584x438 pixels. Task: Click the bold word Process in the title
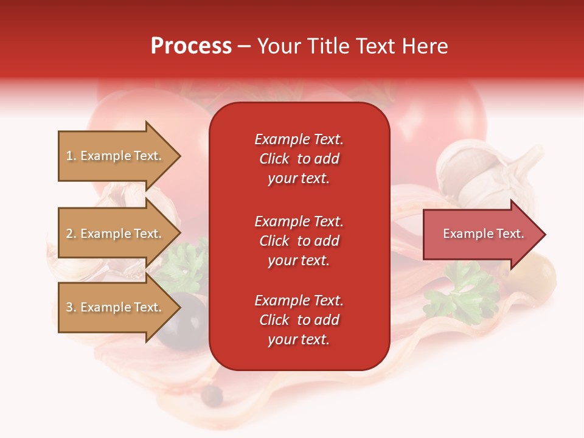point(191,46)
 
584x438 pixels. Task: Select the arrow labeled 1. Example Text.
point(116,156)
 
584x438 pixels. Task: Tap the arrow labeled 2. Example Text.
point(116,234)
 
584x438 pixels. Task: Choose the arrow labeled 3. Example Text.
point(116,307)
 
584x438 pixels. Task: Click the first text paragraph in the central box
point(299,159)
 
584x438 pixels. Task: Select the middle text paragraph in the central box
point(299,241)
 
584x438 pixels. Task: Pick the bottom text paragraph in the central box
point(299,320)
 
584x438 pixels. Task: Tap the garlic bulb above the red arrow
point(481,173)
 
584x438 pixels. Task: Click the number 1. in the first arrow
point(71,156)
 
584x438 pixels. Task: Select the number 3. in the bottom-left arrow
point(71,307)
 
